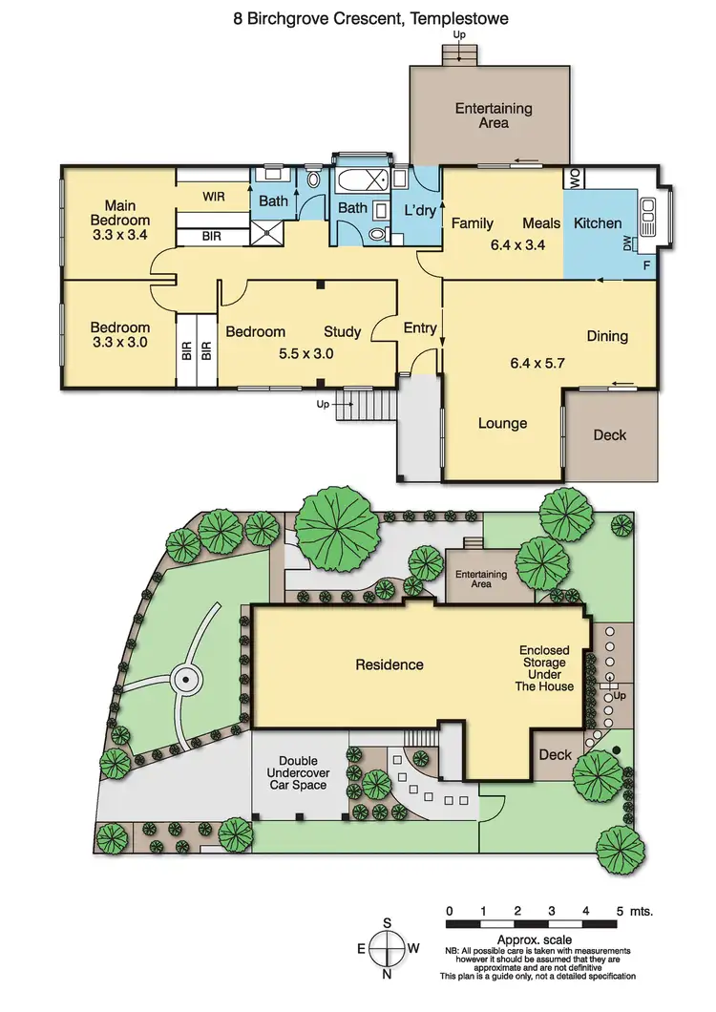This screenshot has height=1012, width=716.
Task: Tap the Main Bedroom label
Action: coord(120,220)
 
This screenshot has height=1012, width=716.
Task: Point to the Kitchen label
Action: coord(598,223)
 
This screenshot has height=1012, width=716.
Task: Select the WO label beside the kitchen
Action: coord(576,178)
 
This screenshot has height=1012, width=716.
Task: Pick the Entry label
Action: coord(420,328)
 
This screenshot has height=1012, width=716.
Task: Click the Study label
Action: coord(342,331)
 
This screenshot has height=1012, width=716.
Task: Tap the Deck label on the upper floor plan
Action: coord(610,434)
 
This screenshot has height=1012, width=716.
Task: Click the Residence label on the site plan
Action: coord(390,664)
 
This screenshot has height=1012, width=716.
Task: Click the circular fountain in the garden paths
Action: coord(185,680)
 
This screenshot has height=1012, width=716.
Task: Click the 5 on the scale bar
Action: coord(621,911)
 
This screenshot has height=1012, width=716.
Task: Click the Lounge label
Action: coord(502,423)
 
